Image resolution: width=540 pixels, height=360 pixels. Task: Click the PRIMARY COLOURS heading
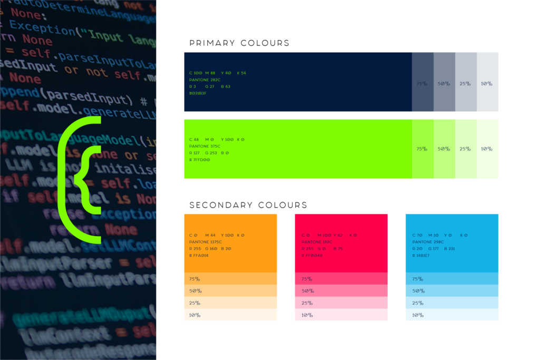pyautogui.click(x=239, y=43)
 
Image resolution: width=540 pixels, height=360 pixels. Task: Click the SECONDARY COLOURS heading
pyautogui.click(x=248, y=205)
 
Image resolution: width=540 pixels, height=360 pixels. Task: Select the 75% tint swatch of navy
pyautogui.click(x=422, y=82)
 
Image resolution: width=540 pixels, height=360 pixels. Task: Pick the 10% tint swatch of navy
pyautogui.click(x=487, y=82)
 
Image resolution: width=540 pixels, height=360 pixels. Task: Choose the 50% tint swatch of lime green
pyautogui.click(x=444, y=149)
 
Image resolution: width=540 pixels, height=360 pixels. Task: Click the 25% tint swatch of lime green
pyautogui.click(x=466, y=149)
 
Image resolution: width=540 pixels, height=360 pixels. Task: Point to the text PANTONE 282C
pyautogui.click(x=205, y=80)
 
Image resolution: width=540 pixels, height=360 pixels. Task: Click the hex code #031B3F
pyautogui.click(x=198, y=93)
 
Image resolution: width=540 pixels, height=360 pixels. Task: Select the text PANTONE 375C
pyautogui.click(x=205, y=146)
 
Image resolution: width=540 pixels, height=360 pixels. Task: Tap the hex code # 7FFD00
pyautogui.click(x=199, y=159)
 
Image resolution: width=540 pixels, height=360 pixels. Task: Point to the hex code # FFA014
pyautogui.click(x=199, y=255)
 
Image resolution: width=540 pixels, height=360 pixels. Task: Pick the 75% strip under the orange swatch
pyautogui.click(x=230, y=279)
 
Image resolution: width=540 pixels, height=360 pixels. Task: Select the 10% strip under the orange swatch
pyautogui.click(x=230, y=315)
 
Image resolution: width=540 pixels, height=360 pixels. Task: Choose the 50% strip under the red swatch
pyautogui.click(x=341, y=291)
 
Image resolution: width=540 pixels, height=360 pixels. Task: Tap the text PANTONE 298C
pyautogui.click(x=428, y=242)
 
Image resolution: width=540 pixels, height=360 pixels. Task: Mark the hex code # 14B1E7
pyautogui.click(x=421, y=255)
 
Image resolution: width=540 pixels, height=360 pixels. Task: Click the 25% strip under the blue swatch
pyautogui.click(x=452, y=303)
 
